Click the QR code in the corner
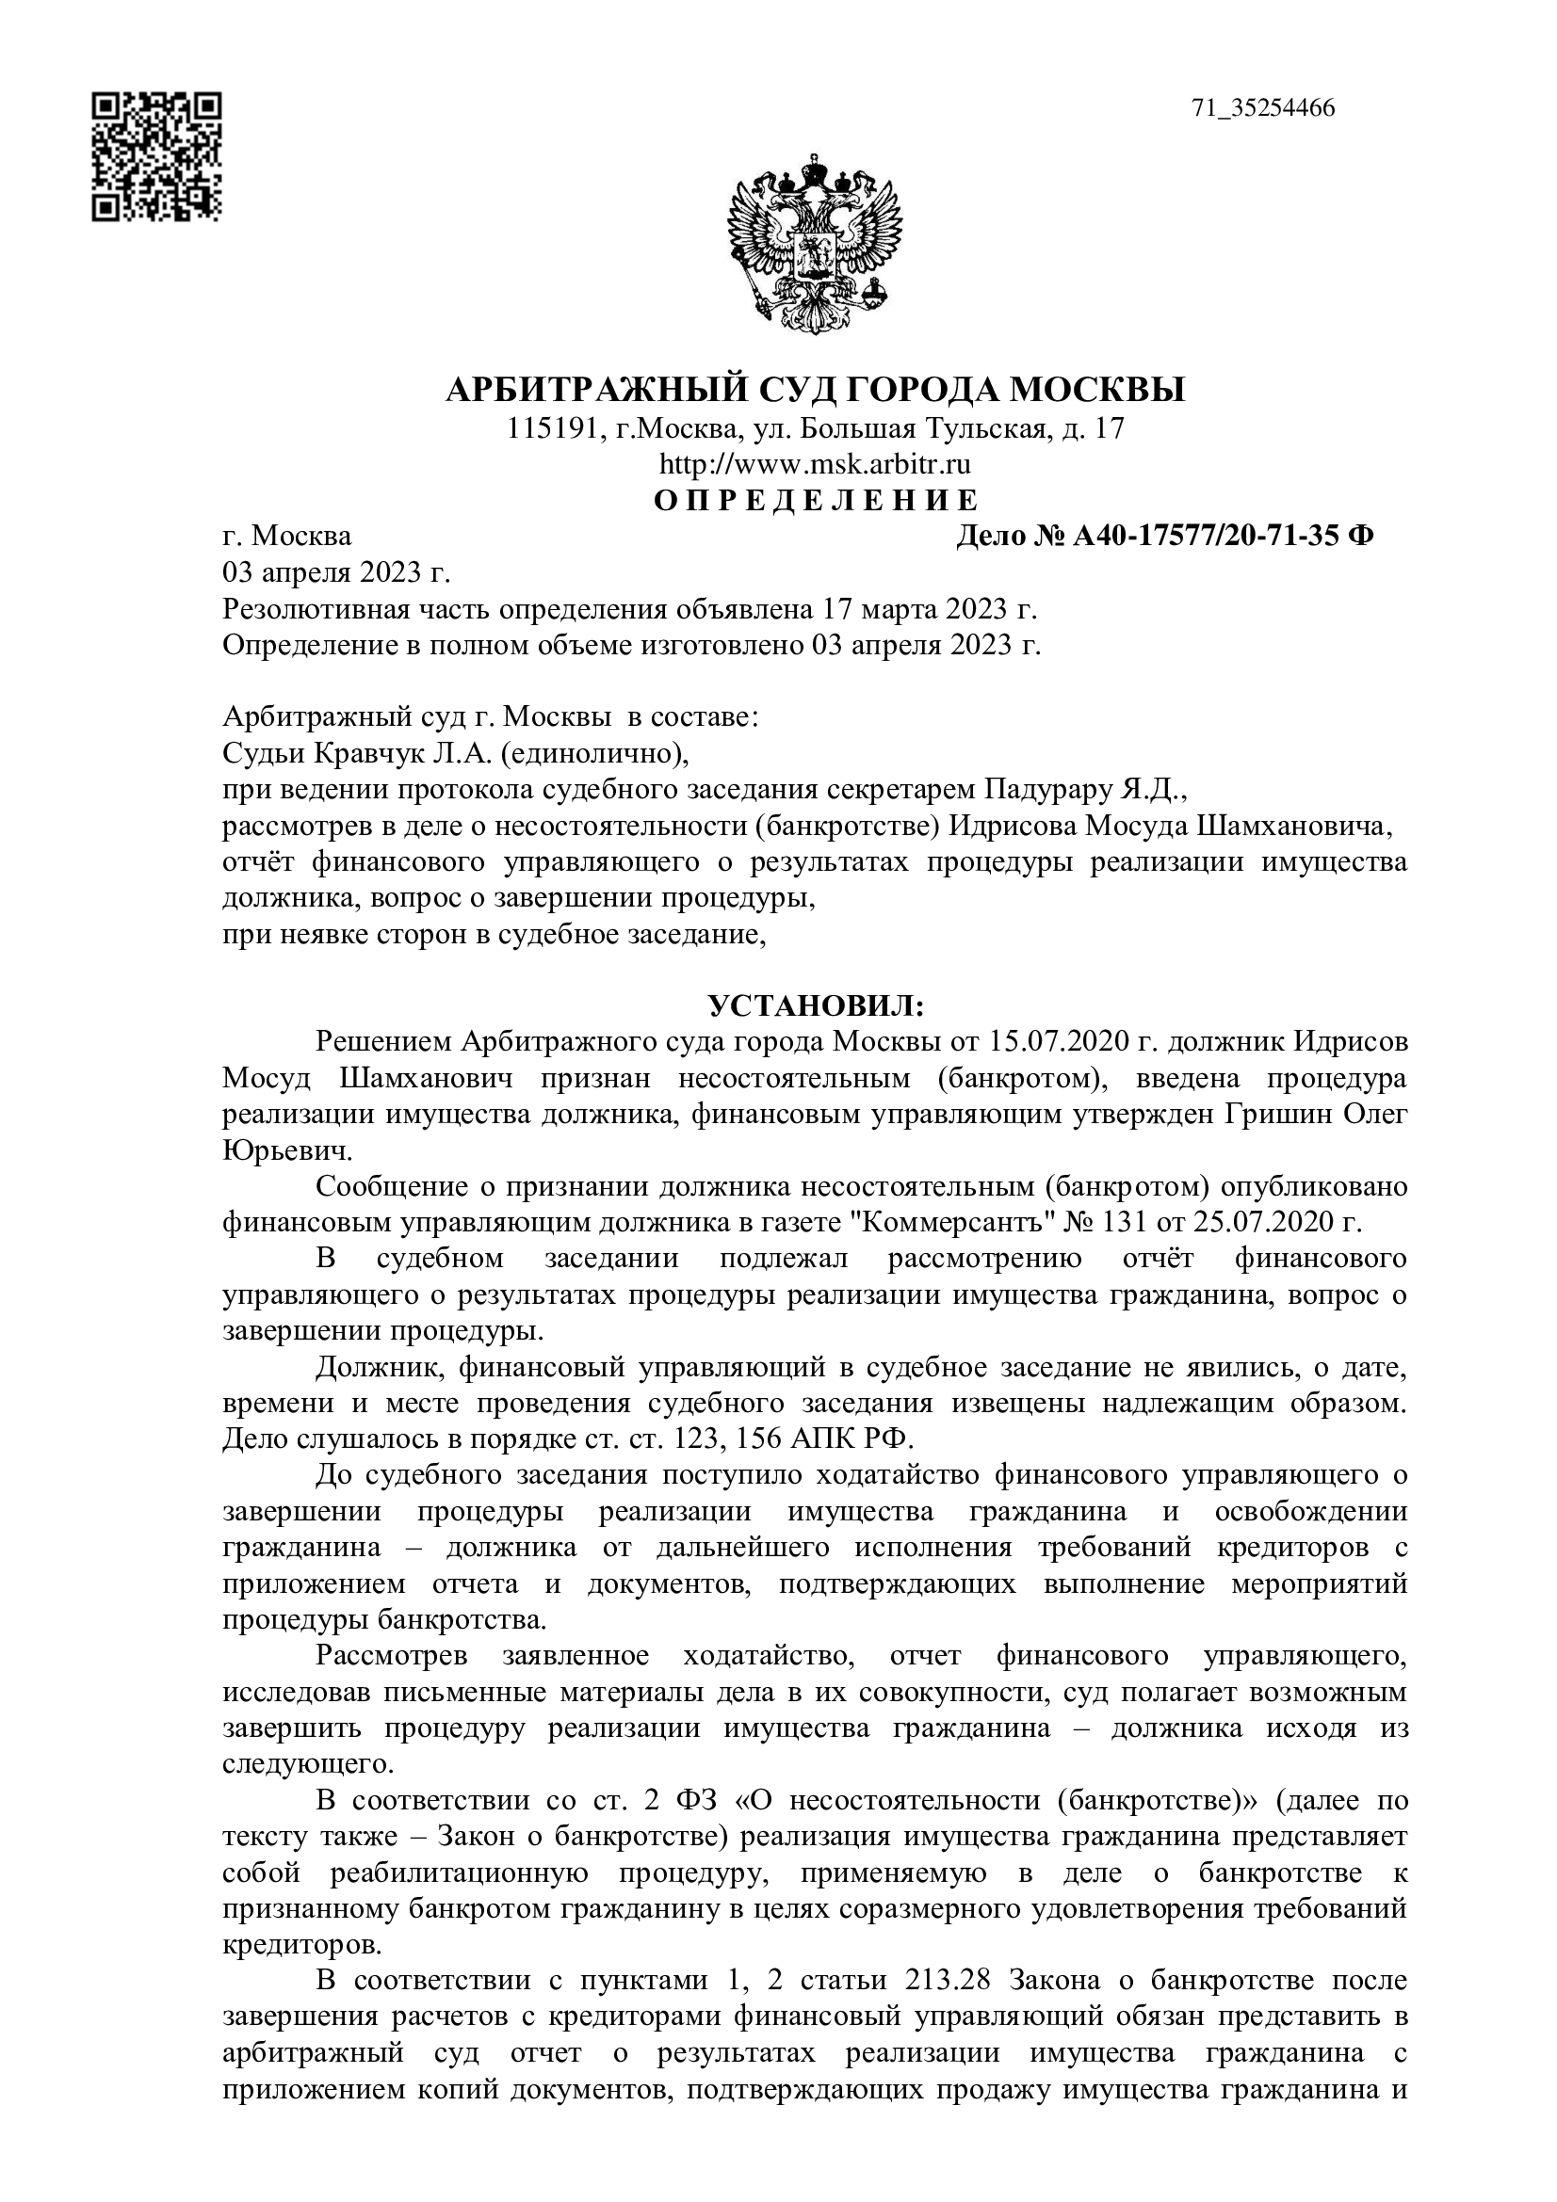coord(157,157)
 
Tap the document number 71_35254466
coord(1263,108)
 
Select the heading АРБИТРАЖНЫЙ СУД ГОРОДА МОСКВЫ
coord(816,391)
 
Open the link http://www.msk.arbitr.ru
coord(816,465)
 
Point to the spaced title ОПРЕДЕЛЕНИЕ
coord(816,501)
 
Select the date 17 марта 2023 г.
coord(930,610)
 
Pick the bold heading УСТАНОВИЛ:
coord(816,1006)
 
